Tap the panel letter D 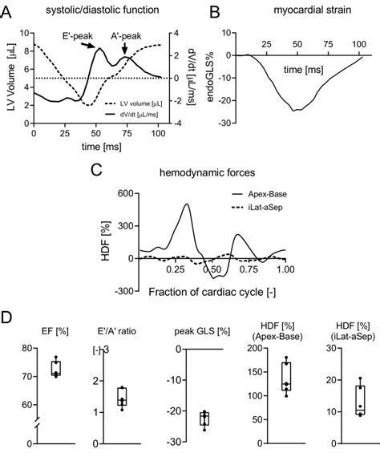[x=7, y=317]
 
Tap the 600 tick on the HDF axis [x=120, y=194]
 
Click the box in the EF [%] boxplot [x=55, y=369]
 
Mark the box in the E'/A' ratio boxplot [x=121, y=396]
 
